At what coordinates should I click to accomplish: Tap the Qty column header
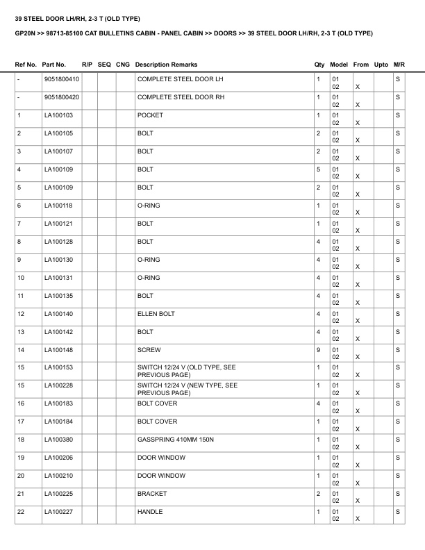[319, 65]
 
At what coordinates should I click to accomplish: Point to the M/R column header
[399, 65]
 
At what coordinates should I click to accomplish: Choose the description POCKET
[150, 115]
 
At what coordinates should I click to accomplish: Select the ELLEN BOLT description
[156, 314]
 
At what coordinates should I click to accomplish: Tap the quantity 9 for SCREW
[318, 350]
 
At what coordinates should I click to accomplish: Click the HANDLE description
[150, 512]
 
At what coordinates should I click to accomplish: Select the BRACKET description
[152, 494]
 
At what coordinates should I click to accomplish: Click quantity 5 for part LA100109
[318, 169]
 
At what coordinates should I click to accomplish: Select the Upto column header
[381, 65]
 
